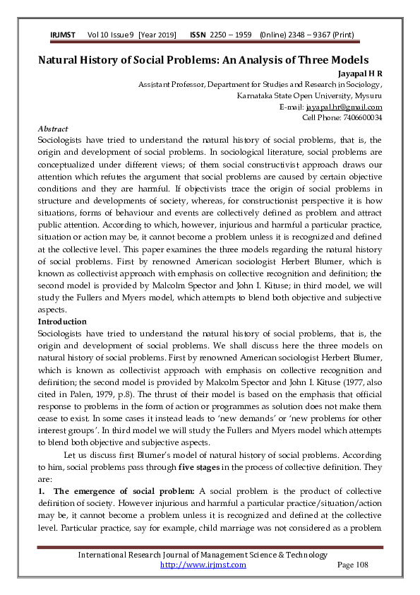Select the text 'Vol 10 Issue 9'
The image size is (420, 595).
coord(112,35)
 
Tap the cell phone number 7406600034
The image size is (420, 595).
coord(360,117)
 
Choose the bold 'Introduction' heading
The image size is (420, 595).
coord(62,322)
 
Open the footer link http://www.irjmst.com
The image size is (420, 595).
coord(203,565)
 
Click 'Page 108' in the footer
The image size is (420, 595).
coord(353,565)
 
